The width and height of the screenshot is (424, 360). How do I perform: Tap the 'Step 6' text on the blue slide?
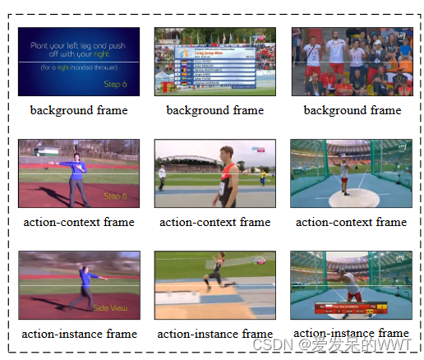click(x=115, y=85)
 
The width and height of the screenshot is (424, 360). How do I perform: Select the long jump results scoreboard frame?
click(x=215, y=62)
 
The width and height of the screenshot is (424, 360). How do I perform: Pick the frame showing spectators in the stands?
click(x=352, y=62)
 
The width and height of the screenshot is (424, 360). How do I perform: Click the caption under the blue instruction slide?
click(x=79, y=110)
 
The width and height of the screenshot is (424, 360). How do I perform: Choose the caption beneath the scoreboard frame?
click(x=215, y=110)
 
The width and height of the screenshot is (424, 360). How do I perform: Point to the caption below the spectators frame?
click(x=353, y=110)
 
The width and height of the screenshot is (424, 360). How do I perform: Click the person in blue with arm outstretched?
click(x=77, y=176)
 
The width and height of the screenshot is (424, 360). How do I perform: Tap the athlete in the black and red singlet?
click(x=226, y=174)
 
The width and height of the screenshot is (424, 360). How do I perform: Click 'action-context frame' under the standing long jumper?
click(x=215, y=222)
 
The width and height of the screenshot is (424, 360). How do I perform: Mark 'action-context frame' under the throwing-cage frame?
click(x=352, y=222)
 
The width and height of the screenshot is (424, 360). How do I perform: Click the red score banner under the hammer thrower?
click(x=352, y=309)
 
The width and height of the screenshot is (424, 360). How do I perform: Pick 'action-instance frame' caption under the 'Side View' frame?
click(x=79, y=334)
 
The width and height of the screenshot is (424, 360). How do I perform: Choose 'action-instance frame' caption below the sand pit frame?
click(x=215, y=334)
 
